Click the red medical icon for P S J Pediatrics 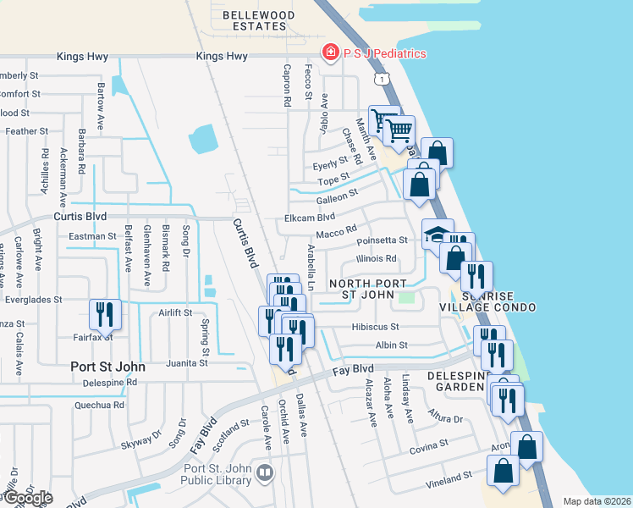(x=329, y=53)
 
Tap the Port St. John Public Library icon (x=266, y=472)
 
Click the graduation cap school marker (x=438, y=235)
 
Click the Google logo (x=27, y=498)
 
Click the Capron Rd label (x=288, y=86)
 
